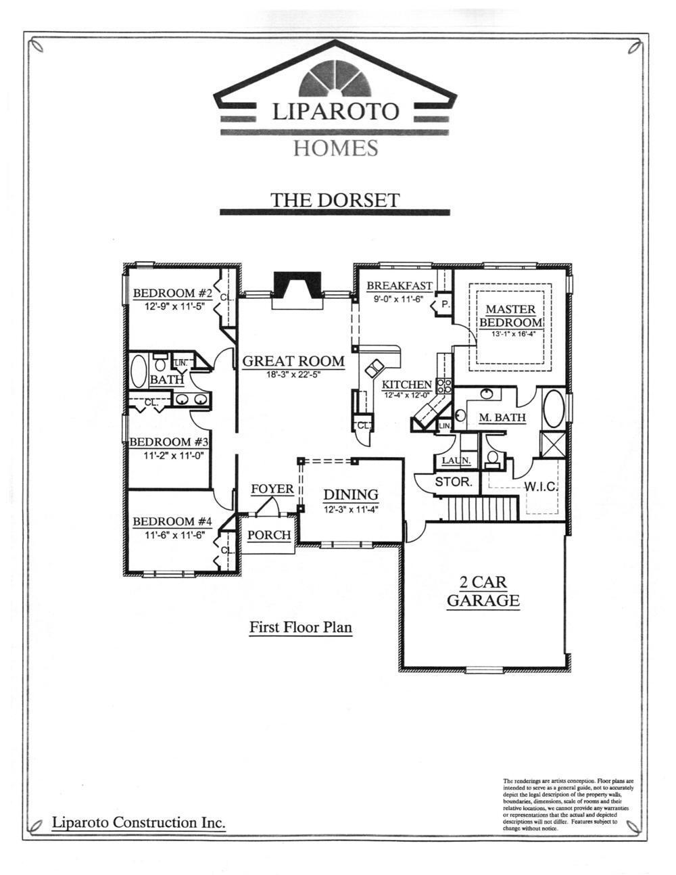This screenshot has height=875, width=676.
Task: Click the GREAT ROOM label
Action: pos(293,361)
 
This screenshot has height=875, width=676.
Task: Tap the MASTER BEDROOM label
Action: pos(510,316)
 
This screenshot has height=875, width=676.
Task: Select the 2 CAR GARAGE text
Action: pos(483,591)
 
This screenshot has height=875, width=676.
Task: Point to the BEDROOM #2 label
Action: pos(172,293)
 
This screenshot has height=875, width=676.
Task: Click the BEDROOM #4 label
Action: pos(172,521)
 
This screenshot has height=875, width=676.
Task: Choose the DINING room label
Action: pos(350,495)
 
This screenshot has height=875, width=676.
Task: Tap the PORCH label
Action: pos(268,535)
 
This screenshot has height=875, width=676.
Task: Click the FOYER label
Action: pos(272,489)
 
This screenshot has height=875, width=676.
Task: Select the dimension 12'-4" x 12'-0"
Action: pos(407,394)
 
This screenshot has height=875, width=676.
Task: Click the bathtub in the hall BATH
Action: pos(138,370)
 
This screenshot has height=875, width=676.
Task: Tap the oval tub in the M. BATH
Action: pos(553,408)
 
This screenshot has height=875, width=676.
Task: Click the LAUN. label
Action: pos(456,461)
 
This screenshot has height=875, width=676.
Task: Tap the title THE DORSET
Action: pos(335,199)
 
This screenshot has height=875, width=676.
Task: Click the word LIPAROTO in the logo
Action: pos(335,111)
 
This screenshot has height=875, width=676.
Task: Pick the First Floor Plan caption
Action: pos(300,627)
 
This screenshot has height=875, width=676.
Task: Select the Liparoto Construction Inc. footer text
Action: pos(139,822)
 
